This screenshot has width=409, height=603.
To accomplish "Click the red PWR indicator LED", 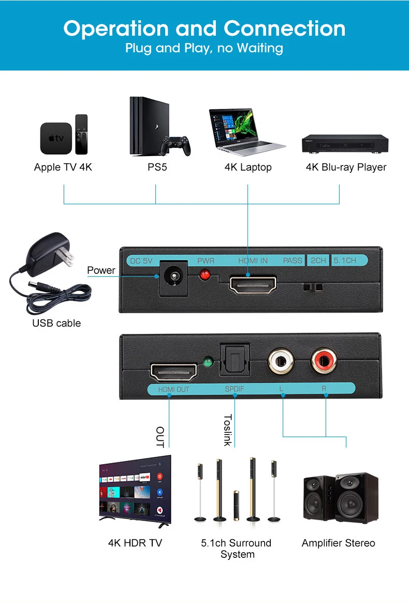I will (206, 275).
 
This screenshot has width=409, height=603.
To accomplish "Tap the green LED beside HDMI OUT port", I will (209, 362).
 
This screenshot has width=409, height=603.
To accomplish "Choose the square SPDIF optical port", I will (235, 359).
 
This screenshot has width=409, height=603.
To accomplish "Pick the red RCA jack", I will (325, 360).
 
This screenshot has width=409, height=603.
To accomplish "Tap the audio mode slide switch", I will (313, 287).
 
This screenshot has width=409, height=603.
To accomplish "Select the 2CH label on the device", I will (318, 260).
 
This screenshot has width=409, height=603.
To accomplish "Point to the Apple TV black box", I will (56, 138).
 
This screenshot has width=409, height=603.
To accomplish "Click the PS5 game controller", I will (174, 146).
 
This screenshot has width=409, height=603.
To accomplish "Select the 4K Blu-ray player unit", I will (345, 143).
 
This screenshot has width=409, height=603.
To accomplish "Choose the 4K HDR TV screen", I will (135, 487).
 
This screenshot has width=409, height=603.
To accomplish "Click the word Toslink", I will (227, 430).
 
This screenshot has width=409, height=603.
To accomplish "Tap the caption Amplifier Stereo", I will (338, 543).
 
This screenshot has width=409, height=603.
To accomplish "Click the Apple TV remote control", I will (81, 134).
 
